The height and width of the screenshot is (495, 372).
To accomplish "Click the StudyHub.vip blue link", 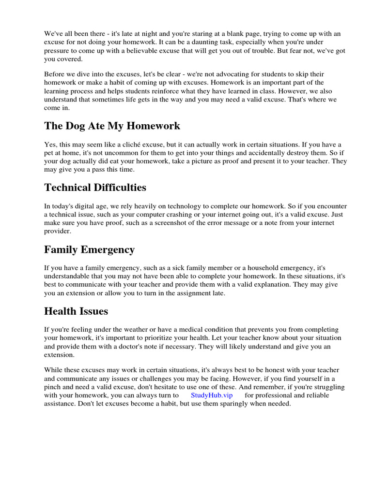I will tap(212, 395).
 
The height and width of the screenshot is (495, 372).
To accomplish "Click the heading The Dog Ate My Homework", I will tap(112, 126).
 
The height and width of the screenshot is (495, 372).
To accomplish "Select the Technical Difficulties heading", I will tap(95, 187).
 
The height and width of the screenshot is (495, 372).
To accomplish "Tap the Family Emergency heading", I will tap(89, 249).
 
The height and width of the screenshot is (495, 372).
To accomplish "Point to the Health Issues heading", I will tap(76, 311).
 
